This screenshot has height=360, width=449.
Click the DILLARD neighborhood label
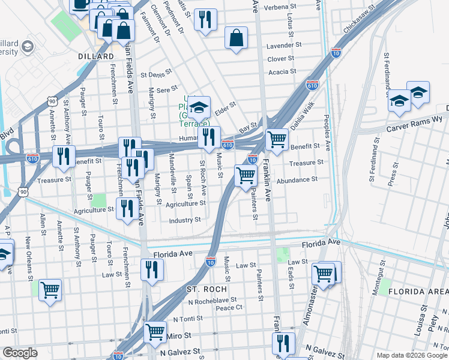pos(96,56)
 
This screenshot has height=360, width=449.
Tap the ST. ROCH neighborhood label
pos(206,289)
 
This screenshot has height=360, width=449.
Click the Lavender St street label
pos(284,46)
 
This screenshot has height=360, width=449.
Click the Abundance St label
pos(297,179)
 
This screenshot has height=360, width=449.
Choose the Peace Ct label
pos(229,307)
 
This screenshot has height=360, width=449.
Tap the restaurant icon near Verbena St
pos(205,19)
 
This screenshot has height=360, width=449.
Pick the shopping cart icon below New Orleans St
pos(50,289)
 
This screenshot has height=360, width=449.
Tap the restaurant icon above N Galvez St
pos(283,343)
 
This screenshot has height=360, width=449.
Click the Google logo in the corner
pos(20,353)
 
